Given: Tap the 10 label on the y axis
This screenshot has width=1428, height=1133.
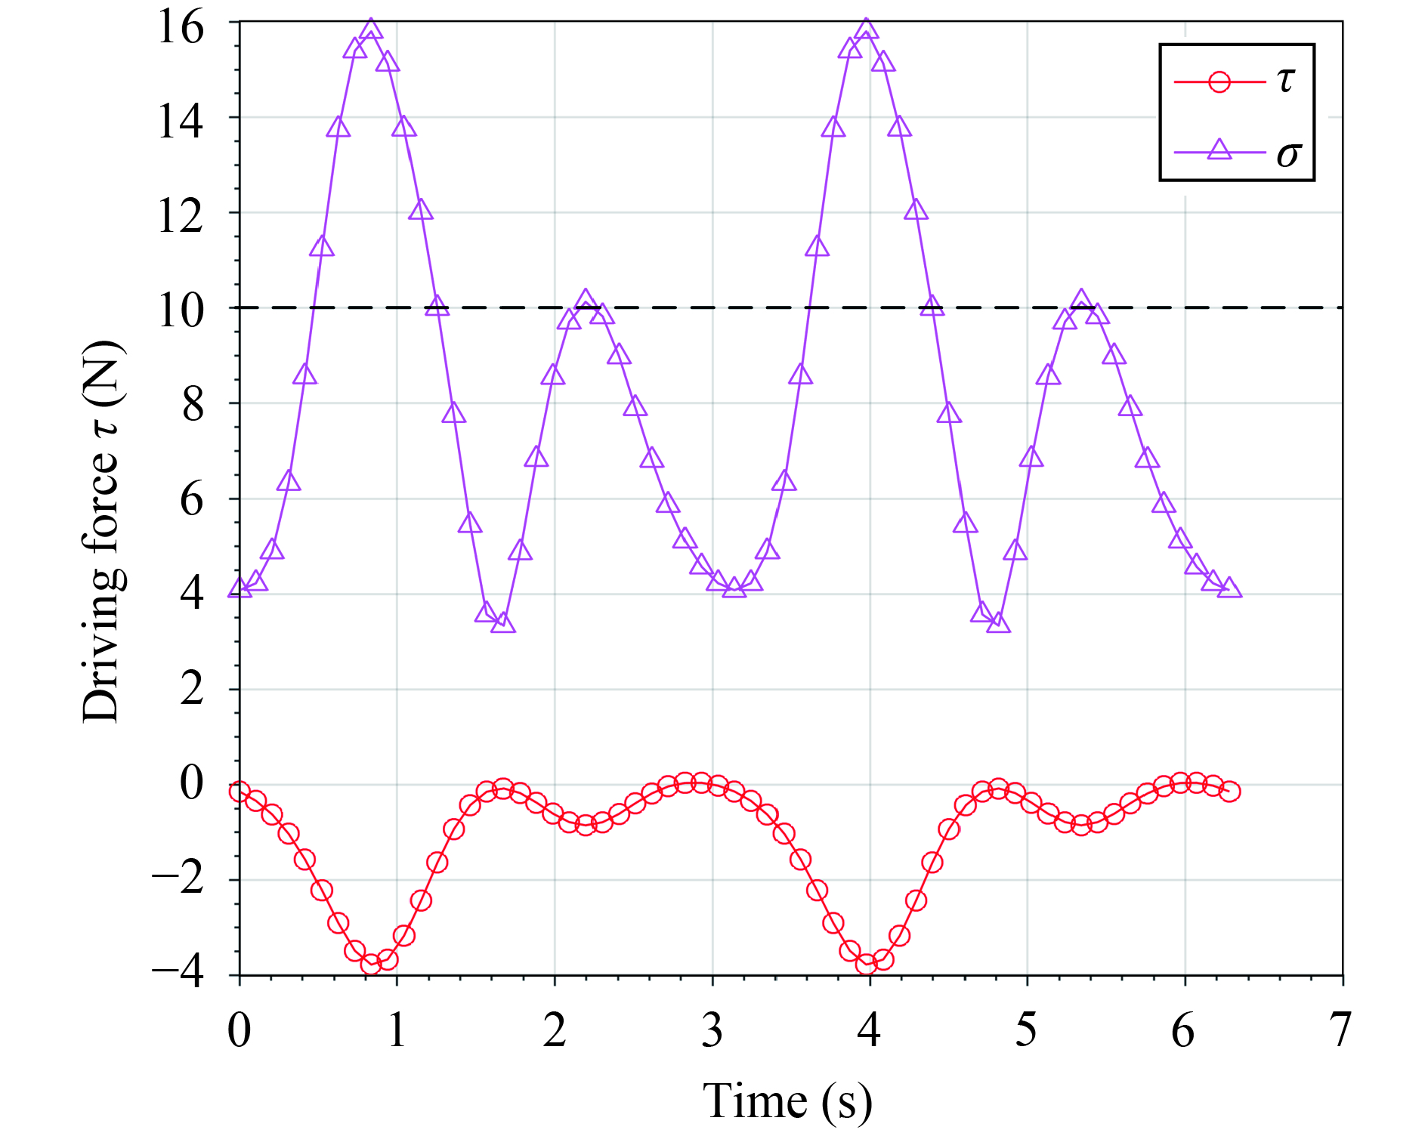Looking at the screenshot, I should coord(181,310).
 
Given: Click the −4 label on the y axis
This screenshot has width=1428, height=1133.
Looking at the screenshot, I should coord(178,975).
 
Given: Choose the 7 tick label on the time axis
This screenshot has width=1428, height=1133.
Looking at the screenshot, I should coord(1340,1030).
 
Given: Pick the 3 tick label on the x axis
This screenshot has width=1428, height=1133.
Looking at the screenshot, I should coord(712,1030).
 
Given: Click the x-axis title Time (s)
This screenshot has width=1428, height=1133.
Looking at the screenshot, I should coord(787,1101).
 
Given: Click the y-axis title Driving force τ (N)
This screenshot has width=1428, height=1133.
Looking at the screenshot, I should coord(103,533).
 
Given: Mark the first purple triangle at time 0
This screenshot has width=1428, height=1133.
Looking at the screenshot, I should coord(240,588).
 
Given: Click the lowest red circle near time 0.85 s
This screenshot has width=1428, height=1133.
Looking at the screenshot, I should coord(371,964).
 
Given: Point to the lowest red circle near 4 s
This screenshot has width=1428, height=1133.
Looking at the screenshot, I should coord(867,964).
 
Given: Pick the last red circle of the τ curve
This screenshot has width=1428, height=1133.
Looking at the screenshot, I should coord(1229,792).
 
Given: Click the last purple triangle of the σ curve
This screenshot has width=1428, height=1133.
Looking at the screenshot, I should coord(1229,588).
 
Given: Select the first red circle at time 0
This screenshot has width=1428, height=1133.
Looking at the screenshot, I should coord(240,792).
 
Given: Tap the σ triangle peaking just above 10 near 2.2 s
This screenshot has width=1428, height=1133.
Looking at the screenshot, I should coord(586,300).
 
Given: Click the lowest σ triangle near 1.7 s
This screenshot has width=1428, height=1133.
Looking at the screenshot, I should coord(503,624).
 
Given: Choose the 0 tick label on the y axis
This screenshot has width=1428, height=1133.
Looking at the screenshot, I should coord(192,783).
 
